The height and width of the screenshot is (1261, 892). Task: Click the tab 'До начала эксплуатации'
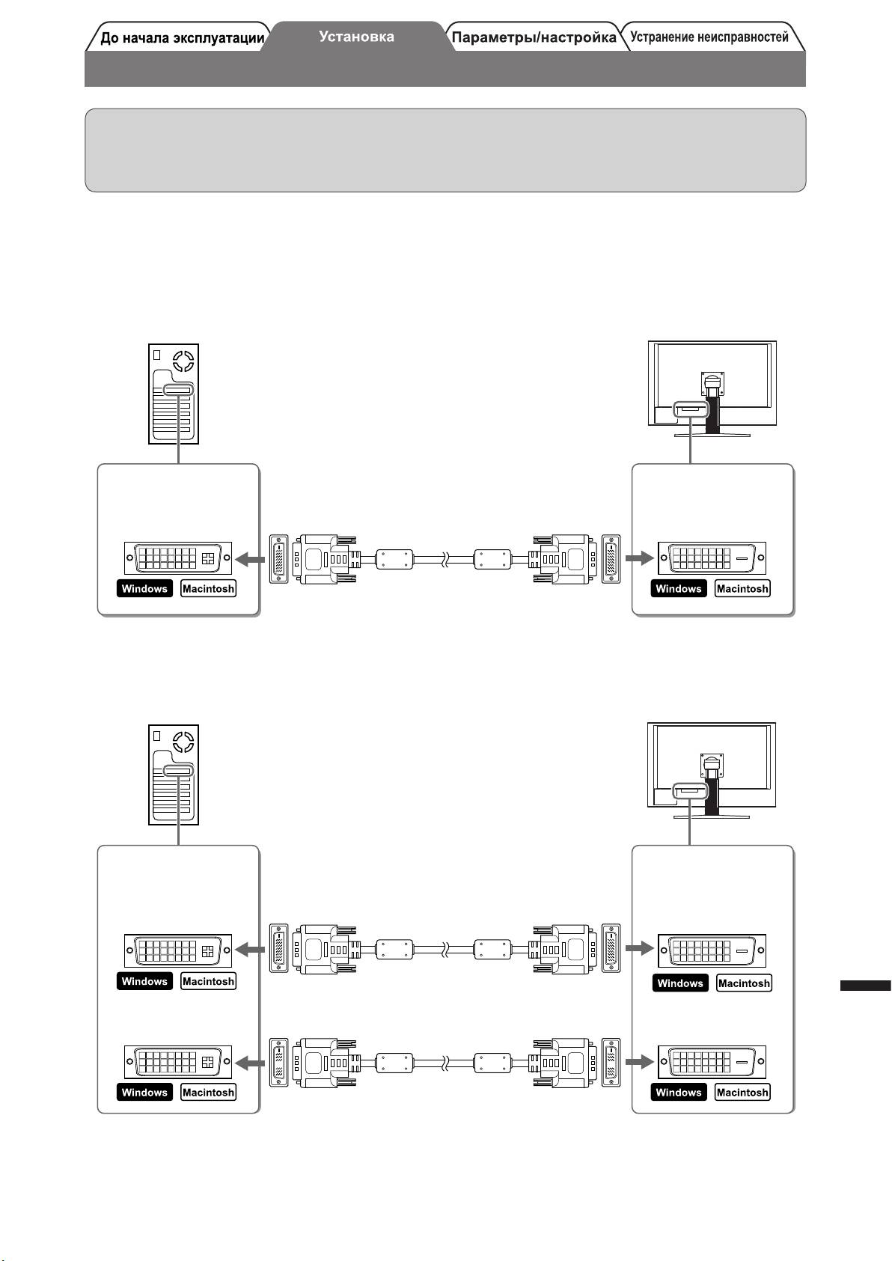coord(182,38)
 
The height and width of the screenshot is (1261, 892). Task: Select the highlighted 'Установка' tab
coord(356,36)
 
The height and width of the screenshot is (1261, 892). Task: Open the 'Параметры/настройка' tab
coord(534,37)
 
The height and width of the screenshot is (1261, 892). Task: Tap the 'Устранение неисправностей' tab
coord(709,37)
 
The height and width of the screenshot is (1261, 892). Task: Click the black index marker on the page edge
coord(865,986)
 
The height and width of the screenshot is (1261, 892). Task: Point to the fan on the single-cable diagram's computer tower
coord(183,362)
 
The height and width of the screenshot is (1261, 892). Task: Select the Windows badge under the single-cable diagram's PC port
coord(144,589)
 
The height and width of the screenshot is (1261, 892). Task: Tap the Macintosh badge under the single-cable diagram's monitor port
coord(742,589)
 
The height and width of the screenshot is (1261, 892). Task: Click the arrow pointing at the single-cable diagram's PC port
coord(250,558)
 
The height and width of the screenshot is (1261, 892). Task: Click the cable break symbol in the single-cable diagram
coord(445,558)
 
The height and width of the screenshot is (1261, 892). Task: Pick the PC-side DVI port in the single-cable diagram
coord(178,558)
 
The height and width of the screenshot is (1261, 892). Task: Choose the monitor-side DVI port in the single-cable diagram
coord(712,558)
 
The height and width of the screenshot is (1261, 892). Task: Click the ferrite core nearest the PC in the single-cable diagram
coord(394,558)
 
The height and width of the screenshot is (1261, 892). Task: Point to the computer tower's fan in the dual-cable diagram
coord(183,743)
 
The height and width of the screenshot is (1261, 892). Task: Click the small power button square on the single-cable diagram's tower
coord(157,355)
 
